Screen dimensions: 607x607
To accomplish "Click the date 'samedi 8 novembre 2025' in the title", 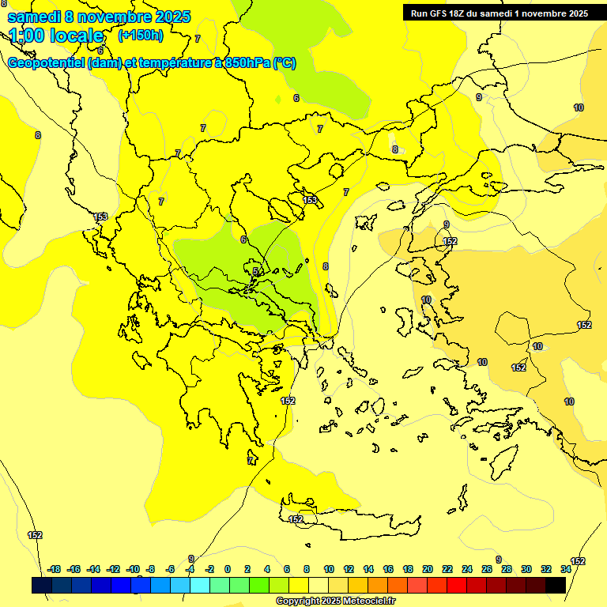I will [99, 17].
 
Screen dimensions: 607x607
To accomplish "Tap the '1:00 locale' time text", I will [57, 36].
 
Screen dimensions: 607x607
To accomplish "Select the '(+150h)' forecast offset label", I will [141, 35].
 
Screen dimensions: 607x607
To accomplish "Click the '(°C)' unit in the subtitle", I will [284, 63].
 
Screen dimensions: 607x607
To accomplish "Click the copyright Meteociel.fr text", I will [335, 601].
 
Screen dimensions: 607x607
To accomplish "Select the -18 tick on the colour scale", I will [55, 569].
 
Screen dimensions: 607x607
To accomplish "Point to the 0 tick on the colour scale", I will [228, 569].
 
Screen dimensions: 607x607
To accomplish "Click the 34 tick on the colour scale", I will [566, 569].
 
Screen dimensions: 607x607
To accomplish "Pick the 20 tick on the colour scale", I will [428, 569].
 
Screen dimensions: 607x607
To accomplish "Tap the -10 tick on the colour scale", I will [133, 569].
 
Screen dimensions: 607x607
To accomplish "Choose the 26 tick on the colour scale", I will [487, 569].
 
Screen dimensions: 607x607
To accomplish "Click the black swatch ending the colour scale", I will [556, 585].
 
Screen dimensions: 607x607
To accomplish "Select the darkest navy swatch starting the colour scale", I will [42, 585].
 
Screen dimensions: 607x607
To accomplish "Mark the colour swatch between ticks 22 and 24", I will [457, 585].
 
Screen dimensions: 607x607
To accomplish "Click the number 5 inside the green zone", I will [255, 271].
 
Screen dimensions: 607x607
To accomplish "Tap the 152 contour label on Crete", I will [296, 519].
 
